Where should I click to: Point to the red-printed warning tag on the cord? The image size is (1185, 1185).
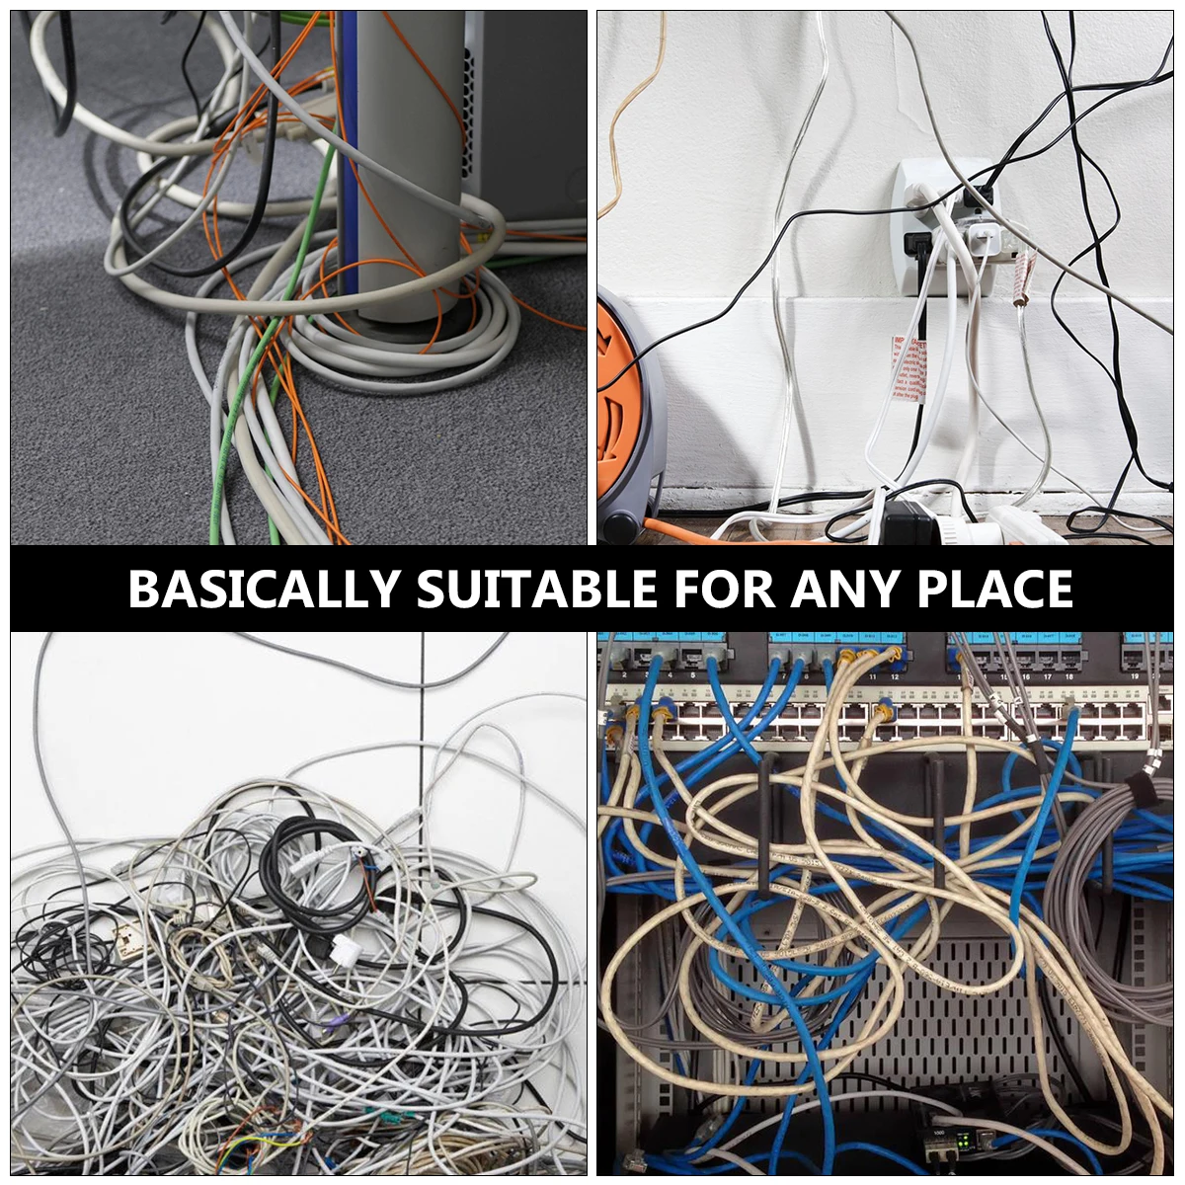click(910, 367)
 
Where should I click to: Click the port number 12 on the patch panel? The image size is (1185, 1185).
click(895, 676)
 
